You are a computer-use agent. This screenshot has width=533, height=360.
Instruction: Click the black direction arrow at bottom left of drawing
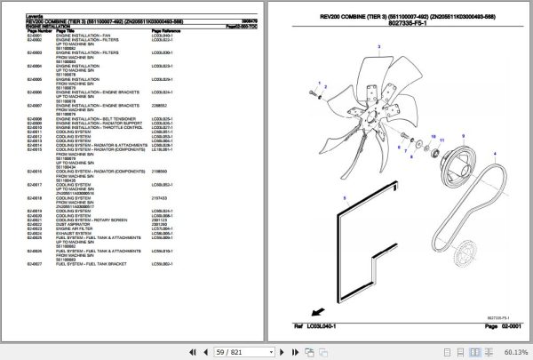click(x=314, y=311)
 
